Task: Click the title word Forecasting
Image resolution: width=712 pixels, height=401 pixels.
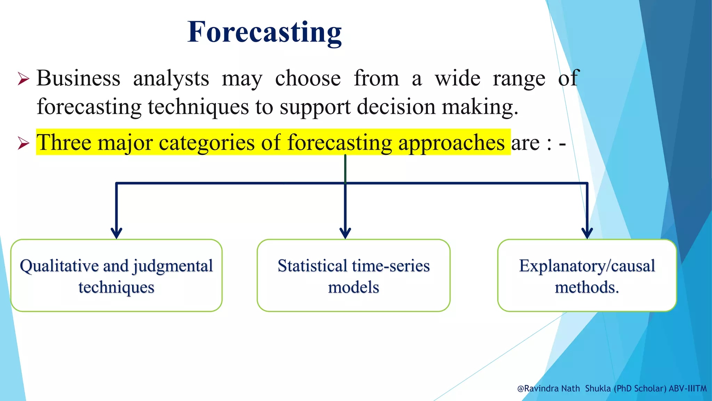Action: (264, 32)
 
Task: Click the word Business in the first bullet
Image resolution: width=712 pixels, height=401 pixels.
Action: (78, 78)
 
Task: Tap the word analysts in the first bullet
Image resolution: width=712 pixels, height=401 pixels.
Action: (171, 79)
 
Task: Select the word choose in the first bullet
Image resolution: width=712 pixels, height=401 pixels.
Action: (308, 78)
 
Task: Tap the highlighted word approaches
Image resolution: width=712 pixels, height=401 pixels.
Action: (451, 143)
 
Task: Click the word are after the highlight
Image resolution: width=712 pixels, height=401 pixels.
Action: (525, 143)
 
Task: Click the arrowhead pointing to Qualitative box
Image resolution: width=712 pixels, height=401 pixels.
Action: (116, 233)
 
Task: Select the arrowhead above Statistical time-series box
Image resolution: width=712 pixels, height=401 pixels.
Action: (345, 233)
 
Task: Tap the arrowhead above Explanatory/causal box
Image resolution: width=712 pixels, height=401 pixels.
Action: (587, 233)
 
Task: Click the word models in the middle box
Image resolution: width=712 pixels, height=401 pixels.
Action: (354, 288)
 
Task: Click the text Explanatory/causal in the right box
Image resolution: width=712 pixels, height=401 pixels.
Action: (587, 266)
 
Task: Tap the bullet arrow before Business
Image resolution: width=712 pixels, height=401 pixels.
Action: (23, 79)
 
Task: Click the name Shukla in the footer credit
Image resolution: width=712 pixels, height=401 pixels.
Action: (598, 388)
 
